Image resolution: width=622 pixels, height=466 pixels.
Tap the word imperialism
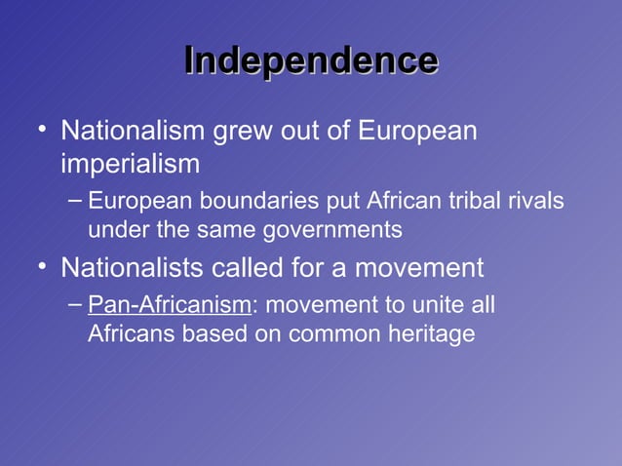[130, 164]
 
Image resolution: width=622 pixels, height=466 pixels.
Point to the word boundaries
[252, 201]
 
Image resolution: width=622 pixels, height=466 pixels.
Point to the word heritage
[429, 334]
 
